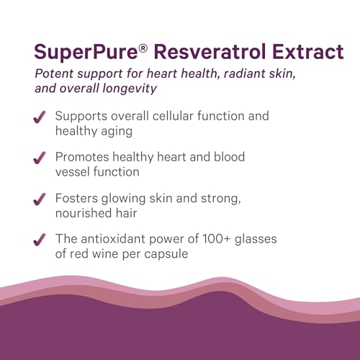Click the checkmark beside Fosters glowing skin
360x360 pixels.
[x=41, y=199]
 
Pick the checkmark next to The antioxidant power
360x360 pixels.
[x=41, y=240]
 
